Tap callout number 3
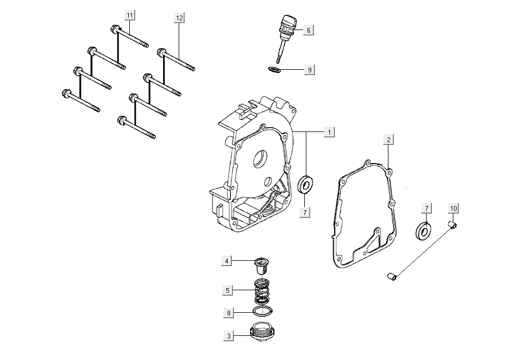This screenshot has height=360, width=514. tap(229, 336)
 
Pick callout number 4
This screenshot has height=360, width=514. tap(227, 261)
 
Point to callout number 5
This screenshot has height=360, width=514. tap(228, 290)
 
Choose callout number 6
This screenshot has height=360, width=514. tap(309, 30)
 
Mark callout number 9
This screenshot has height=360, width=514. tap(309, 70)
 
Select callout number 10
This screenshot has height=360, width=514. tap(454, 208)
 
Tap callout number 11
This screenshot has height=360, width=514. tap(130, 15)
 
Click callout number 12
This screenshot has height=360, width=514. tap(180, 18)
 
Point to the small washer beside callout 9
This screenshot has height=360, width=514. tap(274, 69)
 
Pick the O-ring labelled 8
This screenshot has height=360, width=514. tap(262, 311)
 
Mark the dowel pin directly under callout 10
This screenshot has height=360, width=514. tap(452, 225)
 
